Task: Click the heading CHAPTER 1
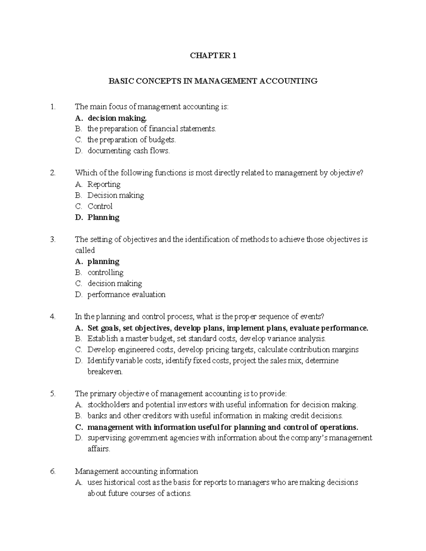tap(213, 56)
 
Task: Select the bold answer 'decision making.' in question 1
tap(117, 118)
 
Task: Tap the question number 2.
tap(53, 173)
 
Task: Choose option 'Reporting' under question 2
tap(104, 184)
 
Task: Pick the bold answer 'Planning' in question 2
tap(103, 217)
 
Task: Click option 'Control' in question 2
tap(100, 206)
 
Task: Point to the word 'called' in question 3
tap(85, 250)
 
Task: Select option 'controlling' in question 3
tap(105, 272)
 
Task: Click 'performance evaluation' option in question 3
tap(126, 294)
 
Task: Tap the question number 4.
tap(53, 316)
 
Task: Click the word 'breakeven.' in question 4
tap(105, 372)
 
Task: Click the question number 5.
tap(53, 393)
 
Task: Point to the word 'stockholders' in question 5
tap(109, 405)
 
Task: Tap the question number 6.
tap(53, 472)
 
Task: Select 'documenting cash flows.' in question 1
tap(129, 151)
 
